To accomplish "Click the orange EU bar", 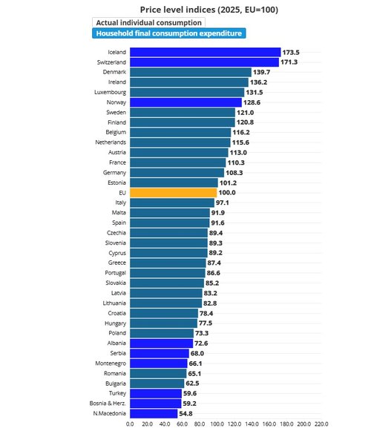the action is pos(174,193).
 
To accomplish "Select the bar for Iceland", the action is pos(206,52).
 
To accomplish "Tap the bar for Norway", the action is pos(186,102).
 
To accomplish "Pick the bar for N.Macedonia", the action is pos(154,413).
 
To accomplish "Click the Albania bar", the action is pos(161,343).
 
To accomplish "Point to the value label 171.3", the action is pos(289,62).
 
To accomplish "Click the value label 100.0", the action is pos(227,193).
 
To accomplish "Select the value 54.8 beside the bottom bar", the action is pos(185,414).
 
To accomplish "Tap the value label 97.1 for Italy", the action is pos(223,203).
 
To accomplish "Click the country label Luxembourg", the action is pos(111,92).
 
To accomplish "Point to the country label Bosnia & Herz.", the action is pos(108,404).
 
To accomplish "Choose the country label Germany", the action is pos(115,173).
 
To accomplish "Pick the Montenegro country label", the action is pos(111,363).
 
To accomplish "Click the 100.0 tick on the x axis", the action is pos(217,424).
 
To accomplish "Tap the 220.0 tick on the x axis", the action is pos(321,424).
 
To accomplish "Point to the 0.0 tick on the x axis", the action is pos(130,424).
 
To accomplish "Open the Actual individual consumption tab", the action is pos(149,23).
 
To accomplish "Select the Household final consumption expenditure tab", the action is pos(169,33).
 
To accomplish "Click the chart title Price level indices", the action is pos(178,10).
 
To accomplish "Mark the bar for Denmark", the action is pos(191,73).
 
